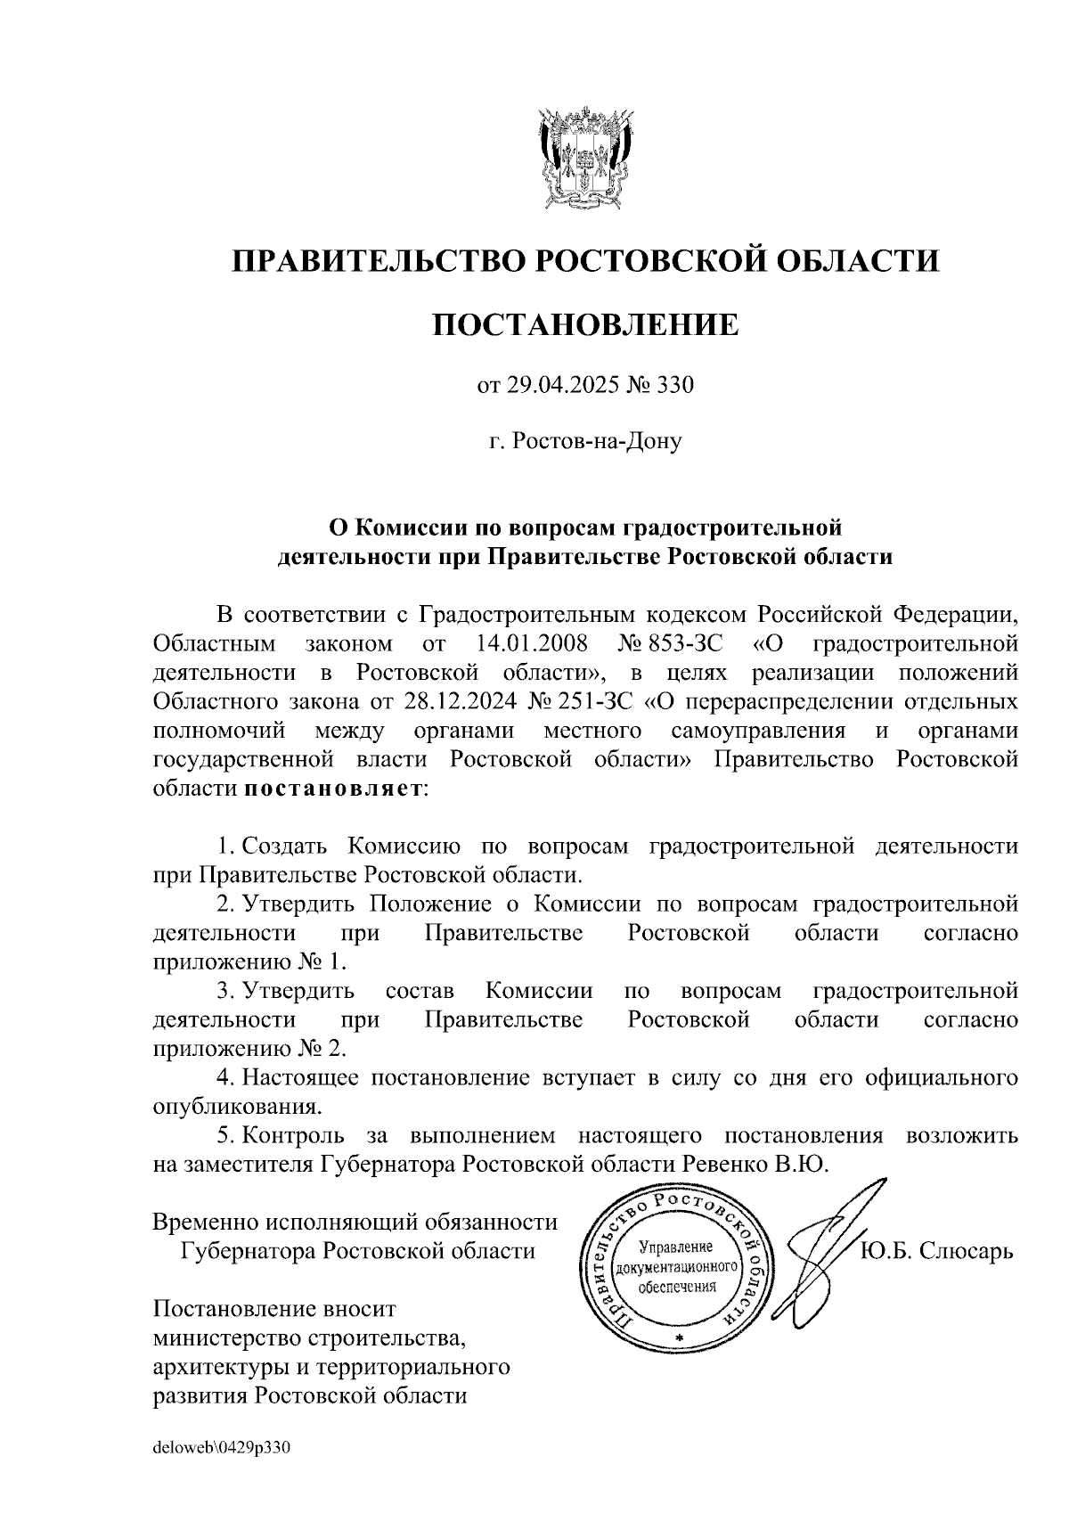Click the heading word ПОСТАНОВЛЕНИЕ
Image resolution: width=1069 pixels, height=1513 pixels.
[585, 324]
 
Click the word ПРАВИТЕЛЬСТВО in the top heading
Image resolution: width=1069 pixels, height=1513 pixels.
[374, 261]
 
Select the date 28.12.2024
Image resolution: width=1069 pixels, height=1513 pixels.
[459, 701]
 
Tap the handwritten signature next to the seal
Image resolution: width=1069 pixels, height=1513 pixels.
[828, 1239]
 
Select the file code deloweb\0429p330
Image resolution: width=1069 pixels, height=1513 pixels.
[222, 1448]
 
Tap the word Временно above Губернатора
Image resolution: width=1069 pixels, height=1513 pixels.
[206, 1223]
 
